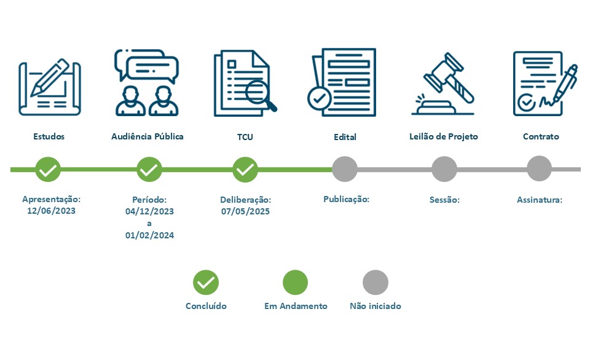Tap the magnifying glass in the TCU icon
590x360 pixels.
pyautogui.click(x=258, y=93)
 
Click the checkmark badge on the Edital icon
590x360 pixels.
pyautogui.click(x=318, y=97)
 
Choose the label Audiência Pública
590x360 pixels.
pyautogui.click(x=147, y=136)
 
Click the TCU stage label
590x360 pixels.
pyautogui.click(x=245, y=137)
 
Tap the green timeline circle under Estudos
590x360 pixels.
pyautogui.click(x=48, y=169)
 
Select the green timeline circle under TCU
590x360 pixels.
pyautogui.click(x=245, y=169)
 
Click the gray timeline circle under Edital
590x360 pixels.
pyautogui.click(x=345, y=169)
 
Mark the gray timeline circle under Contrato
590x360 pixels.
pyautogui.click(x=540, y=169)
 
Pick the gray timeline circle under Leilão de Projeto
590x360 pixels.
pyautogui.click(x=444, y=169)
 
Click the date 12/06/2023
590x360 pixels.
pyautogui.click(x=52, y=211)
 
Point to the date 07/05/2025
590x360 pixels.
pyautogui.click(x=245, y=211)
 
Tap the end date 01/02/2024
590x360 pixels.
pyautogui.click(x=149, y=235)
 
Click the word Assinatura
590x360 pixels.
pyautogui.click(x=540, y=200)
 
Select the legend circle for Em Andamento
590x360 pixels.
pyautogui.click(x=295, y=283)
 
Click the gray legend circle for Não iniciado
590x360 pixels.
pyautogui.click(x=376, y=283)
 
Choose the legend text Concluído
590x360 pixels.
pyautogui.click(x=206, y=306)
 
